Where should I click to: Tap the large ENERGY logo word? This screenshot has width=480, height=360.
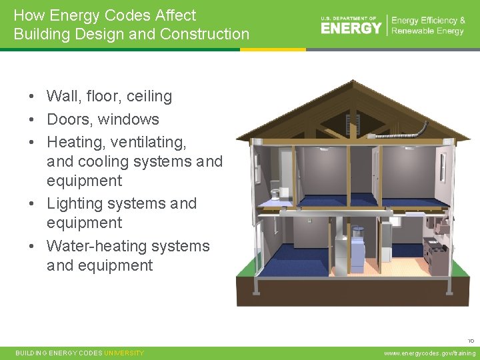click(351, 27)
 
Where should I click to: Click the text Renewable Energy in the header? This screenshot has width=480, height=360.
click(428, 31)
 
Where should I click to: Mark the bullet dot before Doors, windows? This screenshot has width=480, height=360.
click(31, 120)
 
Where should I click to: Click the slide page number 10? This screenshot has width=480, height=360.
click(471, 341)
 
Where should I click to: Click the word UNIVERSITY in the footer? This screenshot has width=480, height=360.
click(124, 353)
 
